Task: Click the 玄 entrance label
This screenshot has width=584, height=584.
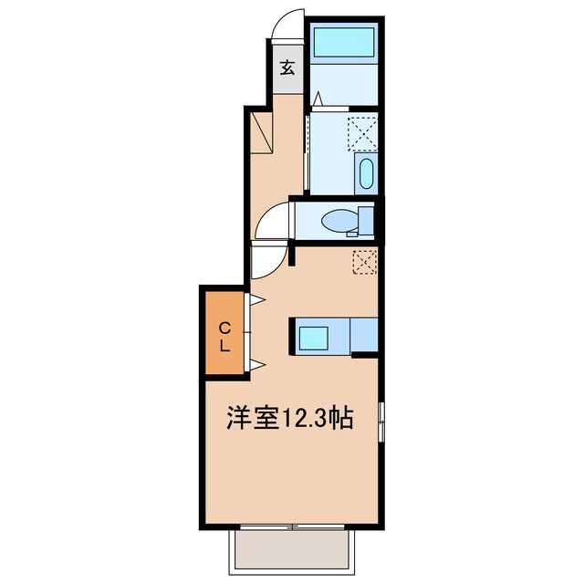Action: coord(286,68)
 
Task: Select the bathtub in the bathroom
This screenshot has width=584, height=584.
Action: coord(343,42)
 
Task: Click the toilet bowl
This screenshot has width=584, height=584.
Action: coord(342,221)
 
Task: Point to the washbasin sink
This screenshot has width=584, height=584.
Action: coord(365,173)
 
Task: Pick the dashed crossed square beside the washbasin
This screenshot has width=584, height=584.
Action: coord(364,133)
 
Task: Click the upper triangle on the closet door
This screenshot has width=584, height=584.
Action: coord(258,299)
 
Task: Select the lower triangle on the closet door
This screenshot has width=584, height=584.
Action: coord(258,366)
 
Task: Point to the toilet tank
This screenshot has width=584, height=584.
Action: coord(367,221)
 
